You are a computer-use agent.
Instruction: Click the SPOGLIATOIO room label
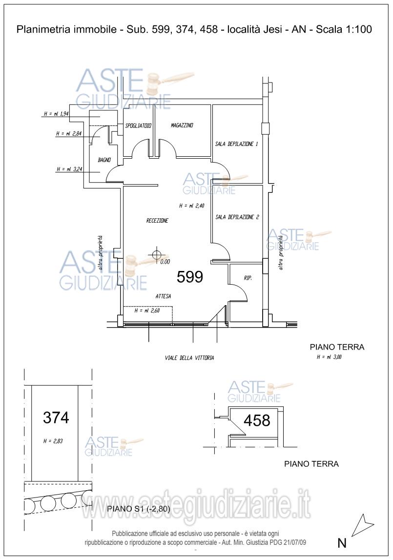tap(138, 125)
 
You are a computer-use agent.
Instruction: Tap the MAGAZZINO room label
tap(182, 125)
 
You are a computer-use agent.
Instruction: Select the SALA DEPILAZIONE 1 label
tap(236, 144)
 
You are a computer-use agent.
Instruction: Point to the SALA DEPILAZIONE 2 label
tap(237, 217)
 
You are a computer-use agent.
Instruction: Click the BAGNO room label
tap(104, 160)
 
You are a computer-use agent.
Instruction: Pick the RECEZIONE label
tap(157, 221)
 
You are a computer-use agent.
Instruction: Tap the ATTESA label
tap(163, 296)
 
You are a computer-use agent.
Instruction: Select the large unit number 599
tap(190, 277)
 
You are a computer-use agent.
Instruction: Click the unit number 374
tap(56, 417)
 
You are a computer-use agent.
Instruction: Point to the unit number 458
tap(257, 421)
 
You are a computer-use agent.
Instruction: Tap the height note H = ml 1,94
tap(56, 114)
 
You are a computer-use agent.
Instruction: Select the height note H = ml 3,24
tap(69, 169)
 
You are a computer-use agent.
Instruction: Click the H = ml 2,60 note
tap(147, 311)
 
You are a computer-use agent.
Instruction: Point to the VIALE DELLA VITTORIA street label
tap(190, 357)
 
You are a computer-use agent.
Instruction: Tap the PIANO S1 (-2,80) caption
tap(139, 509)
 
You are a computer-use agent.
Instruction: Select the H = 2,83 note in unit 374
tap(53, 441)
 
